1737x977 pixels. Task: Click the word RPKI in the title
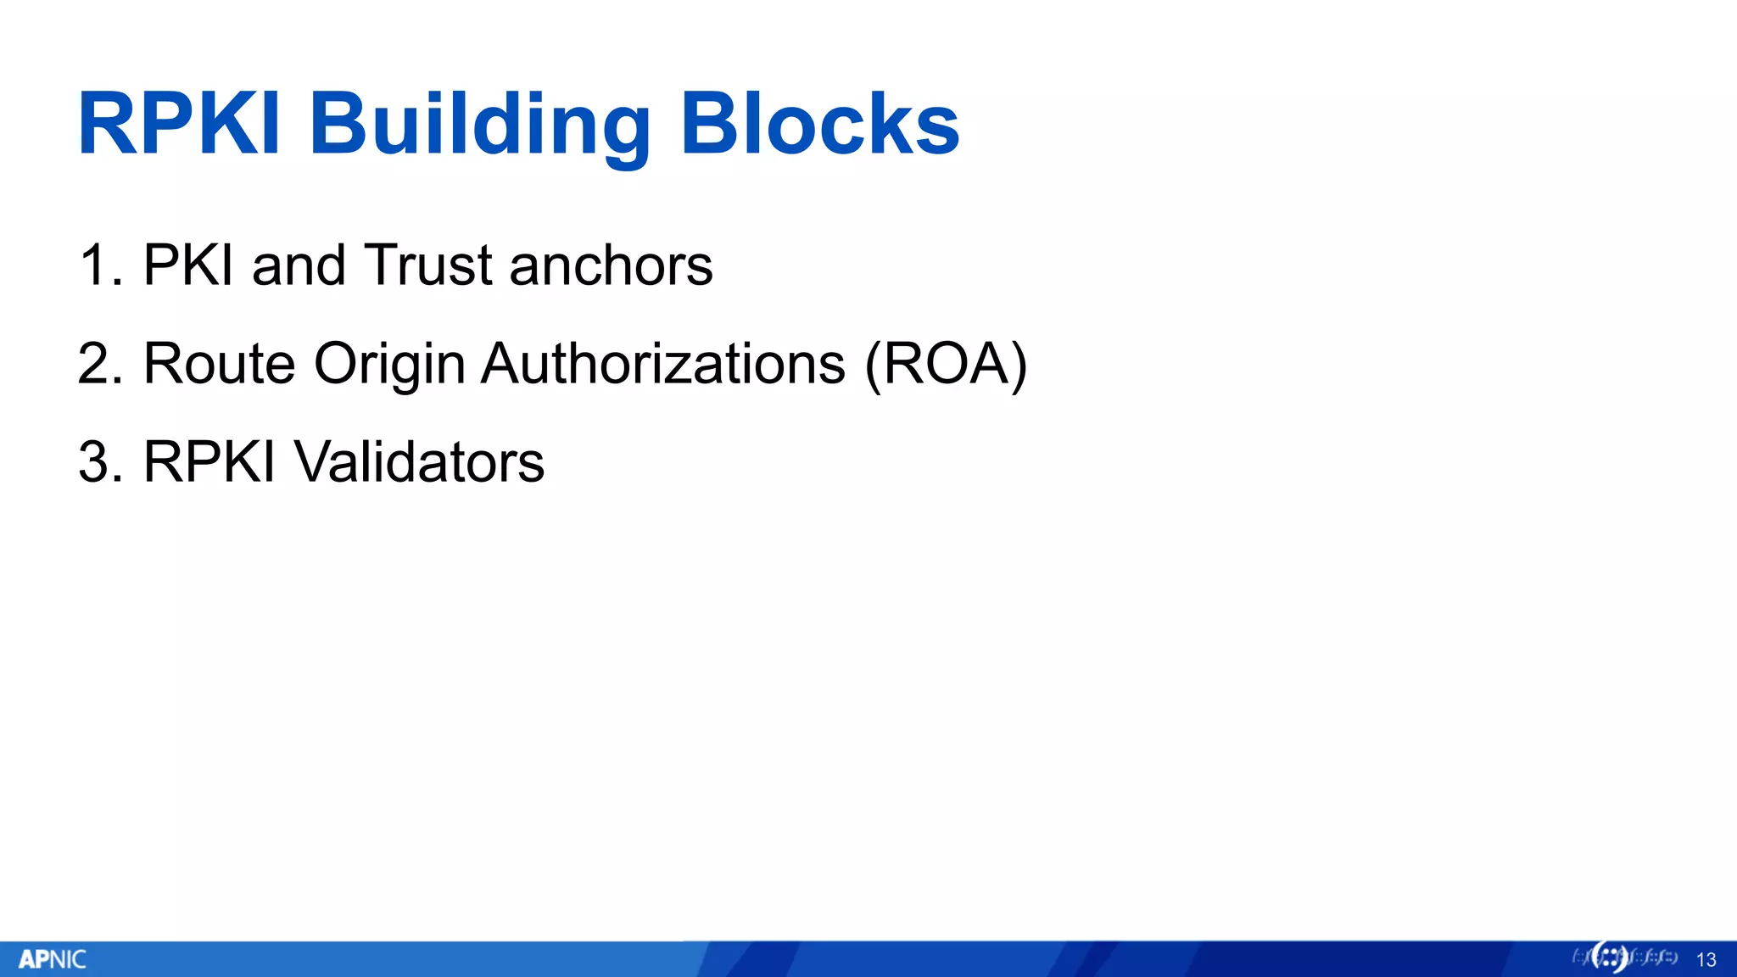tap(179, 125)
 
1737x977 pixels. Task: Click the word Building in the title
tap(479, 125)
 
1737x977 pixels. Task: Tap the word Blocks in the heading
tap(819, 125)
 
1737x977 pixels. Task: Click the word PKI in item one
tap(188, 265)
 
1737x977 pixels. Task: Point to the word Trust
tap(428, 265)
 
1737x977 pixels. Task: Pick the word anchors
tap(611, 265)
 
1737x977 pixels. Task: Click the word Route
tap(219, 364)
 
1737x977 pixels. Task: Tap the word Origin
tap(389, 364)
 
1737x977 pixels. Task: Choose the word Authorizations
tap(663, 364)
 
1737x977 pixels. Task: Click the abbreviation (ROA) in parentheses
tap(946, 364)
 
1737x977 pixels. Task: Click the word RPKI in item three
tap(209, 462)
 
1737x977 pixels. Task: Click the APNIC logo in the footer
tap(53, 959)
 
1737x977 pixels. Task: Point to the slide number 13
tap(1706, 960)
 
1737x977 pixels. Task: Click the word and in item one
tap(299, 265)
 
